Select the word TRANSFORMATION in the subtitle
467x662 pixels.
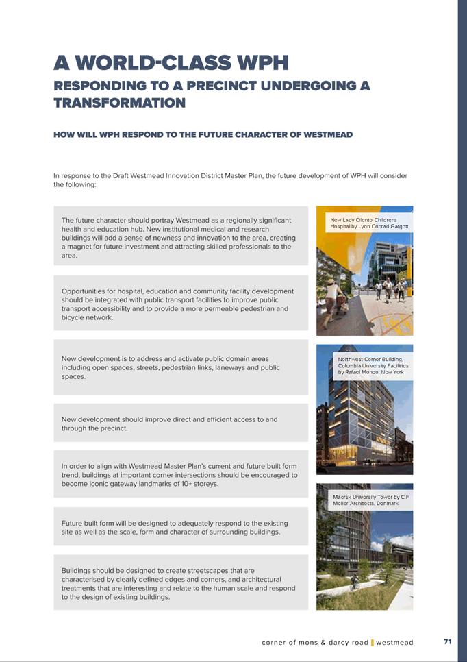(119, 103)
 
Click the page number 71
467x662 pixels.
(447, 642)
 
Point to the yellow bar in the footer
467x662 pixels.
(372, 643)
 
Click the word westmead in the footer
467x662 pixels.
(394, 643)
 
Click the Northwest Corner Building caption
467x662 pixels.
(373, 365)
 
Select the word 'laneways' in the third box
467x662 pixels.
(227, 368)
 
